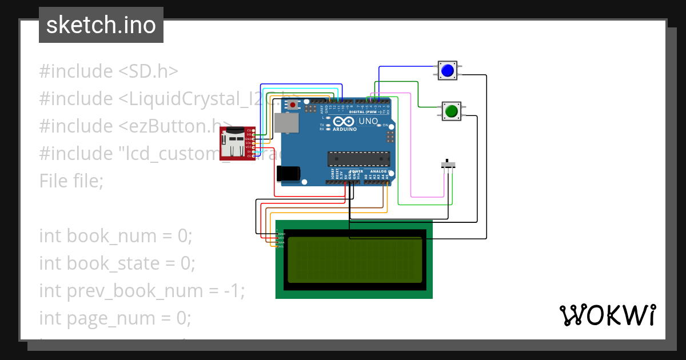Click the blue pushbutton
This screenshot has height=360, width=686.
pos(447,71)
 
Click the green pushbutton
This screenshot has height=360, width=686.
pos(452,111)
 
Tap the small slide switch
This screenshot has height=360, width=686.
pos(450,165)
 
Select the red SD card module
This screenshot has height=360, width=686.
pos(237,144)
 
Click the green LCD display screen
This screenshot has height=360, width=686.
pos(354,261)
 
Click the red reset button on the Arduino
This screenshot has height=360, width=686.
pos(294,105)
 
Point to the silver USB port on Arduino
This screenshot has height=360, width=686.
pos(285,123)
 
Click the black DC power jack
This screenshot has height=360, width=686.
pos(288,174)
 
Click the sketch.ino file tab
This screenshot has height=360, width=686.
pos(101,25)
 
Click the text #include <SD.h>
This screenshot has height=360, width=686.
pos(109,71)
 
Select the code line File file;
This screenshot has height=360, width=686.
pos(71,181)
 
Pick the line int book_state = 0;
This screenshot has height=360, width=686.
pos(117,263)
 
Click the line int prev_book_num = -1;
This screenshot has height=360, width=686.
pos(142,291)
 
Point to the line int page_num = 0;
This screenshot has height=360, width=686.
pos(115,318)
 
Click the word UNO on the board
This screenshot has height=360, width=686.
pos(368,122)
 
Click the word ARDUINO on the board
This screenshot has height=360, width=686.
pos(344,129)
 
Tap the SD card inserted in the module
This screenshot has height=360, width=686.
pos(233,137)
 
